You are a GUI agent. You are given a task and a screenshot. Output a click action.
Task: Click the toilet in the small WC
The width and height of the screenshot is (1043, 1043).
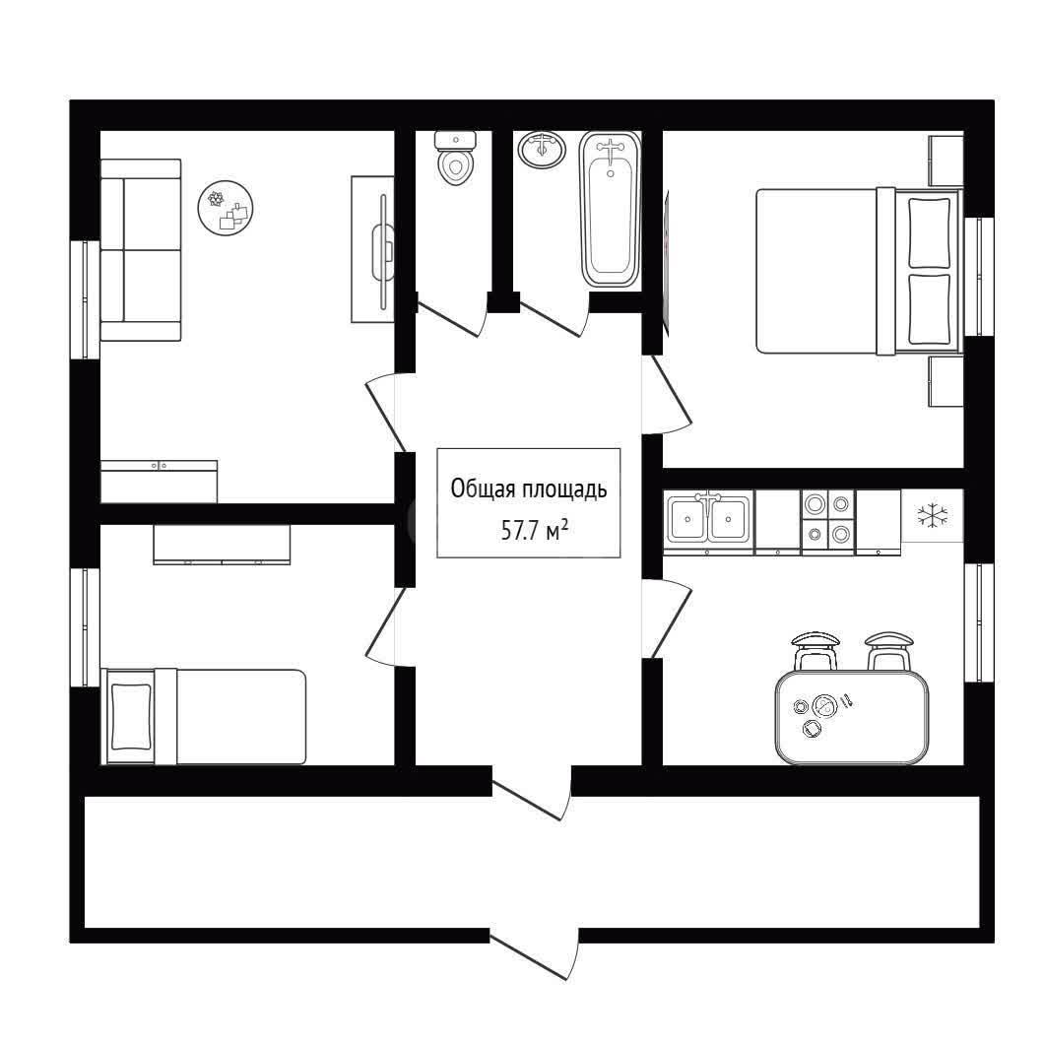[x=456, y=158]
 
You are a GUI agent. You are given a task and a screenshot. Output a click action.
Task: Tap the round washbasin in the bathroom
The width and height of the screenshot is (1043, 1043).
[x=542, y=149]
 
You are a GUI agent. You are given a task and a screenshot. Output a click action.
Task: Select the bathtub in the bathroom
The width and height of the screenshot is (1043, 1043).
[x=611, y=210]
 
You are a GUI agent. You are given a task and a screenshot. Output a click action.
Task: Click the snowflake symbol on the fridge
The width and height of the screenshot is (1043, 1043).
[x=932, y=515]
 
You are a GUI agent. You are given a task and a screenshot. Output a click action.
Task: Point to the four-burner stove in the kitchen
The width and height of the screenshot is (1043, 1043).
[x=828, y=522]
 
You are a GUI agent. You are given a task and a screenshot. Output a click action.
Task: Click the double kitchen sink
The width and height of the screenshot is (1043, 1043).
[x=708, y=522]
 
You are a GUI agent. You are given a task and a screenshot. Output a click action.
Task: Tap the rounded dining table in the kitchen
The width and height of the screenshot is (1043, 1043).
[x=851, y=716]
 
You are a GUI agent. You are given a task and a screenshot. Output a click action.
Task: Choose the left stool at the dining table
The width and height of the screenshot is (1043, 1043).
[x=815, y=651]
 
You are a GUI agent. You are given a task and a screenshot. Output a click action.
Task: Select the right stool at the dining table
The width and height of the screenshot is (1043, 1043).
[x=888, y=651]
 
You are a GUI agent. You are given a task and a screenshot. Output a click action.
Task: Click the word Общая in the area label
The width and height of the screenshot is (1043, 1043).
[x=484, y=489]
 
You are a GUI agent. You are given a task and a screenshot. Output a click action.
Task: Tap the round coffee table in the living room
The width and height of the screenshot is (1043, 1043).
[x=227, y=208]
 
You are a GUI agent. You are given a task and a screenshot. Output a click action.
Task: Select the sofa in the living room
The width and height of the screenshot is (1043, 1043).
[x=141, y=250]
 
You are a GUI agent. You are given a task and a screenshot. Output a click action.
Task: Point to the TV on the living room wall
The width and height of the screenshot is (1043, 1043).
[x=383, y=251]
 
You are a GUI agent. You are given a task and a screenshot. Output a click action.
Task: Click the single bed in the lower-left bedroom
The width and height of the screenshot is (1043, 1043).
[x=203, y=716]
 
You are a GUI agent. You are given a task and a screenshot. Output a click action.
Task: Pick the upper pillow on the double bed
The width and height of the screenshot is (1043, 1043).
[x=929, y=230]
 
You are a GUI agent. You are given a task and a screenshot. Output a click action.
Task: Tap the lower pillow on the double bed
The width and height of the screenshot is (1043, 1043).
[x=929, y=308]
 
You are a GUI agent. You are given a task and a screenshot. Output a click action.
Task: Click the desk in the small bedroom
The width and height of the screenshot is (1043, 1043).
[x=223, y=544]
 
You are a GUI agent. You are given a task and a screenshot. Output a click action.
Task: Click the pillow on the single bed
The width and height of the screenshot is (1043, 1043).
[x=131, y=716]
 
